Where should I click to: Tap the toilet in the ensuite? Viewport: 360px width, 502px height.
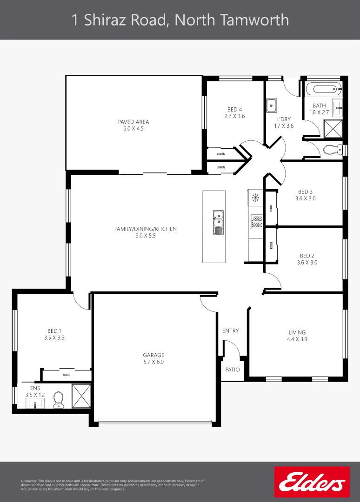(x=58, y=400)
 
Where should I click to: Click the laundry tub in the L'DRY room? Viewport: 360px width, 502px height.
(x=272, y=106)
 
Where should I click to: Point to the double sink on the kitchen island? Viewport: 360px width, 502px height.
(x=218, y=222)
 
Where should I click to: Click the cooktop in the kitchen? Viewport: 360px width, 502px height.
(x=257, y=221)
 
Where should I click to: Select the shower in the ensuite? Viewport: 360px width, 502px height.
(x=80, y=396)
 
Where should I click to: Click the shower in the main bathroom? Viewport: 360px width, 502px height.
(x=333, y=129)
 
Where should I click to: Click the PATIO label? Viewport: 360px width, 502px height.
(x=233, y=370)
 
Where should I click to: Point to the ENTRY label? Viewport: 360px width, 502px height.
(x=230, y=331)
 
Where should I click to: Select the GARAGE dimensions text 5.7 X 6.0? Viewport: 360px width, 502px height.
(x=153, y=362)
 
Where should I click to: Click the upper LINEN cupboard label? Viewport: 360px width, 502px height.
(x=220, y=153)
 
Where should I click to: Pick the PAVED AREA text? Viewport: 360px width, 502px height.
(x=133, y=122)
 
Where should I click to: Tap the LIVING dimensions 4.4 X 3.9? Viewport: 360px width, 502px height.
(x=297, y=339)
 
